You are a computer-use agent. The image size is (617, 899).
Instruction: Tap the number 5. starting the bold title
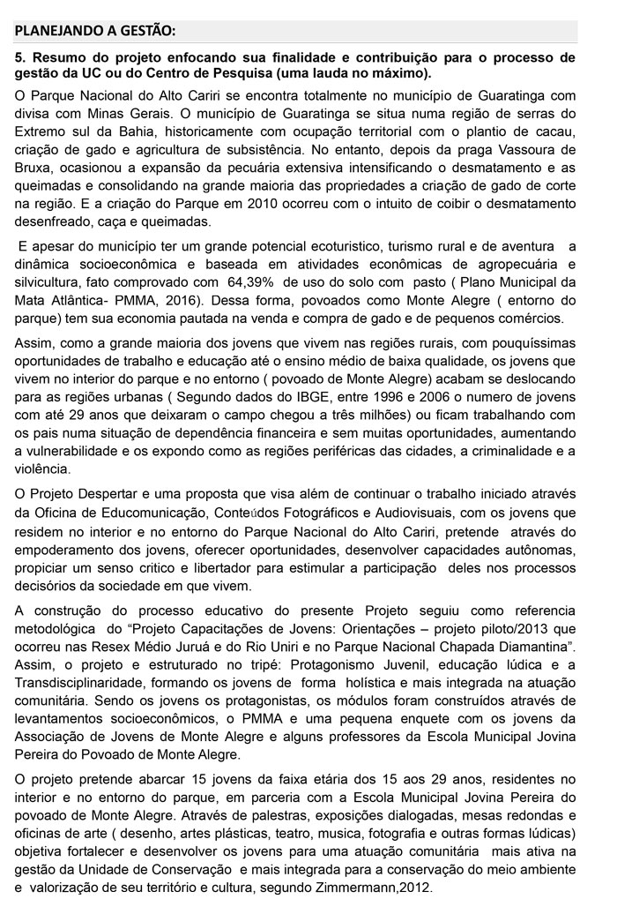[21, 55]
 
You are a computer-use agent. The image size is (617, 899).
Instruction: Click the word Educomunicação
[155, 513]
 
